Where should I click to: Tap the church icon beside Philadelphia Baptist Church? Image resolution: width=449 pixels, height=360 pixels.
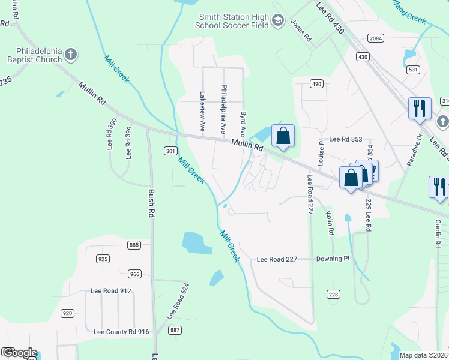pos(71,55)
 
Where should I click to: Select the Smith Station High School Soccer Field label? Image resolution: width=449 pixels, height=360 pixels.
pos(234,21)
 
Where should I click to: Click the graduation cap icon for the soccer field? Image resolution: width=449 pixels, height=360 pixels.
pos(277,22)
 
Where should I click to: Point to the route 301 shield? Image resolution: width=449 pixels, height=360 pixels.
pos(170,151)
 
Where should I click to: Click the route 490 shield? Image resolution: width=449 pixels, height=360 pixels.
pos(316,83)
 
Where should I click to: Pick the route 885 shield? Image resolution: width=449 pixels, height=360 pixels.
pos(134,245)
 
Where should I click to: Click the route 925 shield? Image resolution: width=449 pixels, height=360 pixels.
pos(103,259)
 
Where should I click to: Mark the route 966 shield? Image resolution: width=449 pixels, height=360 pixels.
pos(134,274)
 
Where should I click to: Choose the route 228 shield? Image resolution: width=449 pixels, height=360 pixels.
pos(334,293)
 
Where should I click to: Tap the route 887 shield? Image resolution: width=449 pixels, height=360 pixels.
pos(175,330)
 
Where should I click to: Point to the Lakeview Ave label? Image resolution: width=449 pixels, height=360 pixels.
pos(203,112)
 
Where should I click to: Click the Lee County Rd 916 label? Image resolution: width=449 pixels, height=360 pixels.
pos(121,331)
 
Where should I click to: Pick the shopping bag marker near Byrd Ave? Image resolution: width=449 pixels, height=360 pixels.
pos(283,136)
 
